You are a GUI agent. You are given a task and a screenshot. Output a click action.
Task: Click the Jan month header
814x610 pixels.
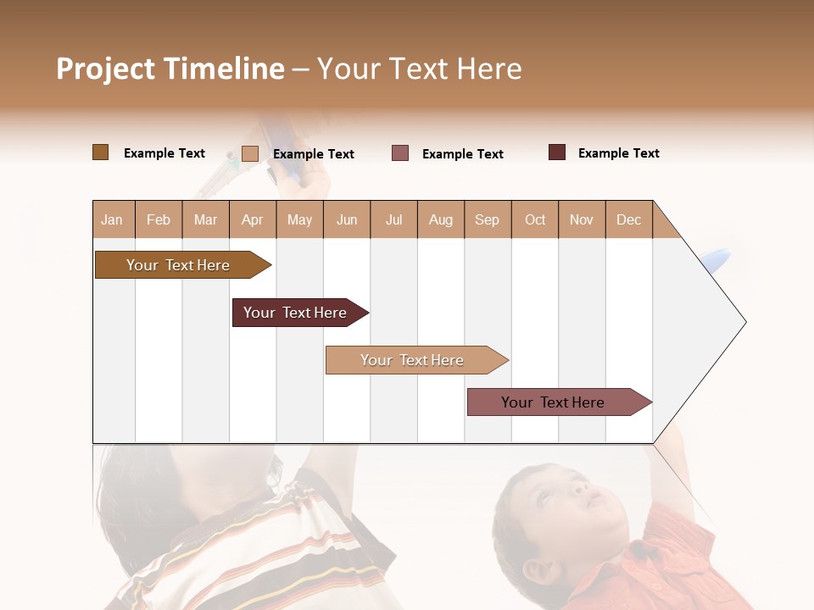point(112,220)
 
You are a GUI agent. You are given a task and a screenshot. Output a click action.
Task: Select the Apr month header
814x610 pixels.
point(253,220)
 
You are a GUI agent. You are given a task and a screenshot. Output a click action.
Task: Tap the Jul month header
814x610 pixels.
point(393,220)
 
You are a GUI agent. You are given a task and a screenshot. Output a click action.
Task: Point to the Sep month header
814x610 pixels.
point(487,220)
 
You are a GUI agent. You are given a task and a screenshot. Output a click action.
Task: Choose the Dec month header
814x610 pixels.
point(628,220)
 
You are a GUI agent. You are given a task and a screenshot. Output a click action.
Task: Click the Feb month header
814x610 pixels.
point(159,220)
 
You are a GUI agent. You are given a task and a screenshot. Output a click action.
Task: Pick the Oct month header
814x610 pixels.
point(535,220)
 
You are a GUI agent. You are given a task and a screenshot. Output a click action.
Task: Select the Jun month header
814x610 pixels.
point(347,220)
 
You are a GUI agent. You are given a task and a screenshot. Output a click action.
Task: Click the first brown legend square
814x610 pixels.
point(100,152)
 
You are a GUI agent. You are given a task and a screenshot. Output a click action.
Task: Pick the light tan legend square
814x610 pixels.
point(249,153)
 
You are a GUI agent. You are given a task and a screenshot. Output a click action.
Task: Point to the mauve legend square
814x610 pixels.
point(400,153)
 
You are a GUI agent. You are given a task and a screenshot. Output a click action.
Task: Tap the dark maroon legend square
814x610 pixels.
point(557,152)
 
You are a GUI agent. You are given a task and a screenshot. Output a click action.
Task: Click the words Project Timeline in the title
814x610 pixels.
point(170,69)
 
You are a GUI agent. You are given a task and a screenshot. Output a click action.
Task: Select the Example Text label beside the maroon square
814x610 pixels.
point(618,153)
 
